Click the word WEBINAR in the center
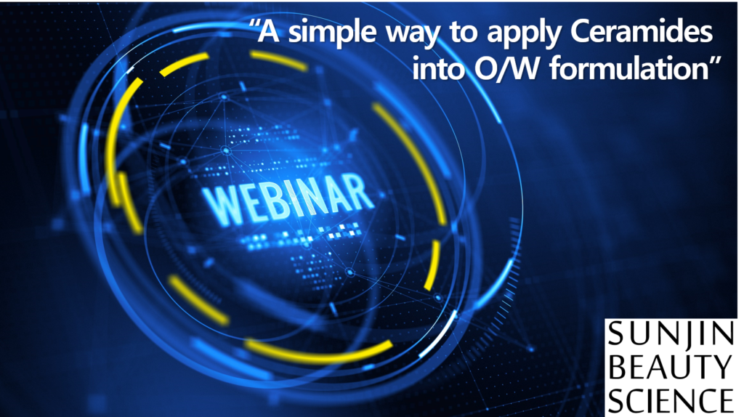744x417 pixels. point(288,198)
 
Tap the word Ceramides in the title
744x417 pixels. point(642,32)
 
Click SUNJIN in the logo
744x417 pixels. point(671,333)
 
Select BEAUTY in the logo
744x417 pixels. point(671,367)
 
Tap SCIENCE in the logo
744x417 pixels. point(671,400)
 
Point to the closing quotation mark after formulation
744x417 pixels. point(716,62)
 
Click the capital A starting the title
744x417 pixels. point(274,33)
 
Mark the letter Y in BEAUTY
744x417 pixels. point(723,367)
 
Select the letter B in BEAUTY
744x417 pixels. point(617,367)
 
